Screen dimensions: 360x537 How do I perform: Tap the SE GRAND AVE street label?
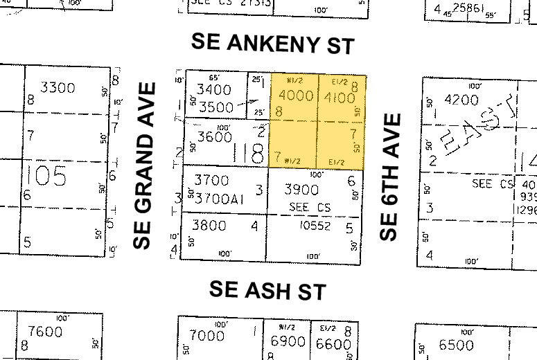pyautogui.click(x=143, y=165)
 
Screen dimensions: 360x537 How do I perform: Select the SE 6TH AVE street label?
pyautogui.click(x=391, y=177)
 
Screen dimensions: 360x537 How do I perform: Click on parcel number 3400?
pyautogui.click(x=214, y=90)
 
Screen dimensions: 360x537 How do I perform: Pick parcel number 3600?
pyautogui.click(x=214, y=137)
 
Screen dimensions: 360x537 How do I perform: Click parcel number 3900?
pyautogui.click(x=303, y=190)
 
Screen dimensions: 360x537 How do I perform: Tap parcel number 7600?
pyautogui.click(x=46, y=332)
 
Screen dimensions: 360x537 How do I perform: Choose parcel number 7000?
pyautogui.click(x=207, y=336)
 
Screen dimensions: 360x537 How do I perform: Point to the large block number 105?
pyautogui.click(x=47, y=176)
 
